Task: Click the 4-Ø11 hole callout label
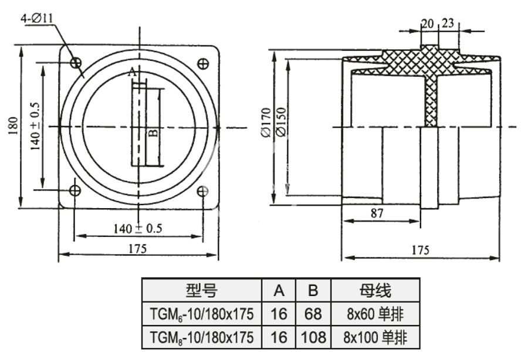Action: tap(38, 18)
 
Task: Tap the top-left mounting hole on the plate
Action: tap(75, 63)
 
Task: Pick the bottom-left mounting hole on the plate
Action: tap(75, 190)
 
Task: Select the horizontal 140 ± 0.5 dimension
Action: tap(138, 228)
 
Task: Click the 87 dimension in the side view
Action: tap(377, 214)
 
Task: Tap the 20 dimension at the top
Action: tap(428, 23)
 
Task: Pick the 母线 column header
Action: tap(375, 290)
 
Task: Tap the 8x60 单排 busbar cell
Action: tap(375, 314)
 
